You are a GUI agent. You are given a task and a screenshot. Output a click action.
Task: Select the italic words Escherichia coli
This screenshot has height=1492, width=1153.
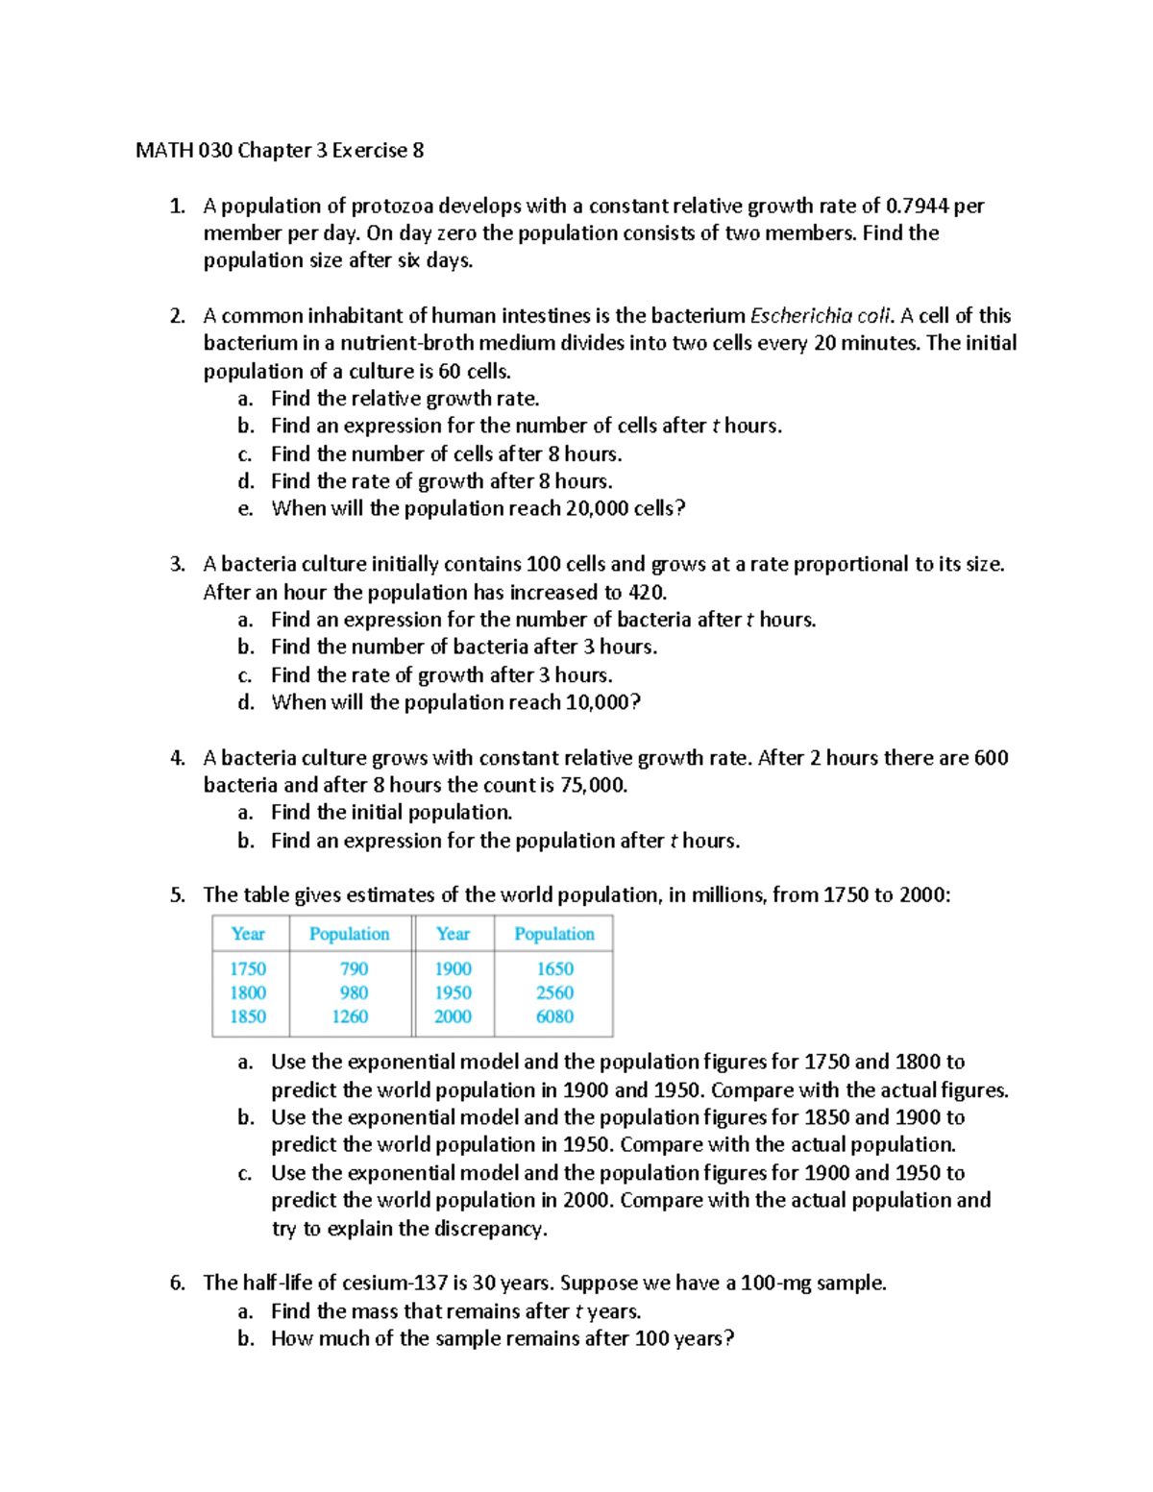(x=822, y=316)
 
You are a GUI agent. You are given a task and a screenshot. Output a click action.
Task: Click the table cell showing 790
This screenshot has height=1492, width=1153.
(x=354, y=968)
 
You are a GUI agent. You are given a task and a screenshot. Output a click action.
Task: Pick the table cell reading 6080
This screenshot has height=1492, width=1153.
(x=554, y=1016)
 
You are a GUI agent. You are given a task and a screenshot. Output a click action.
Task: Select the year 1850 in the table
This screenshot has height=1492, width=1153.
(x=248, y=1016)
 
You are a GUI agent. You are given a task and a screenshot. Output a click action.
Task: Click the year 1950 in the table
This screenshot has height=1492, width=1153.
(x=453, y=992)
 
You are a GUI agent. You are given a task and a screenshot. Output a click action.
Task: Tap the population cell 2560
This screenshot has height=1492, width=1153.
(x=554, y=992)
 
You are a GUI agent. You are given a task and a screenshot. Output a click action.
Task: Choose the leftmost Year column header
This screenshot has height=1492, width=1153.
(x=248, y=934)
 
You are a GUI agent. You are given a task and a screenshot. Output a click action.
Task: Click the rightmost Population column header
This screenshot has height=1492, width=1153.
(x=554, y=934)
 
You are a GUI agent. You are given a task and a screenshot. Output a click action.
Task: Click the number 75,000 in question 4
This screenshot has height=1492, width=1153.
(x=593, y=785)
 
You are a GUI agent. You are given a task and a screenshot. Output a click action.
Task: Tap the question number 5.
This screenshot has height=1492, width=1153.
(x=177, y=895)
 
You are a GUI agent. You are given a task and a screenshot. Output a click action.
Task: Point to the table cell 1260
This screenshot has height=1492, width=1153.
(x=350, y=1016)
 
